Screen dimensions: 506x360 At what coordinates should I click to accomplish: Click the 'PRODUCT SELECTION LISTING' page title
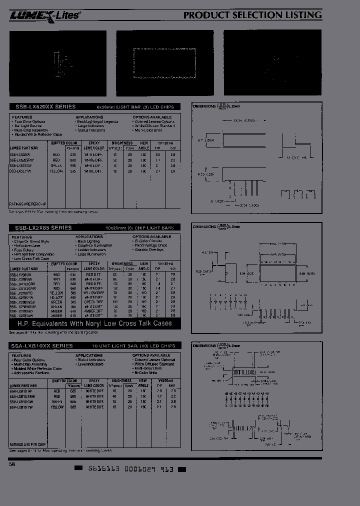tap(252, 15)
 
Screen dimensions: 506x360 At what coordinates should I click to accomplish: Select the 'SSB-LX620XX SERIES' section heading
tap(43, 106)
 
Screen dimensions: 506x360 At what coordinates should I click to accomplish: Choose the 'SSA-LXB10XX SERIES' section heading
tap(41, 345)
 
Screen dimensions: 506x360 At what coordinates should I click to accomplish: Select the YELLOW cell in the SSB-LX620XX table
tap(57, 170)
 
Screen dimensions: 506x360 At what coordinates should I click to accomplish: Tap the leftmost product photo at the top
tap(57, 63)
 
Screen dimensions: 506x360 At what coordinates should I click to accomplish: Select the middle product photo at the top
tap(165, 63)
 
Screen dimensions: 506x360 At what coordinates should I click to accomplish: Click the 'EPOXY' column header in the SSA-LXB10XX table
tap(94, 380)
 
